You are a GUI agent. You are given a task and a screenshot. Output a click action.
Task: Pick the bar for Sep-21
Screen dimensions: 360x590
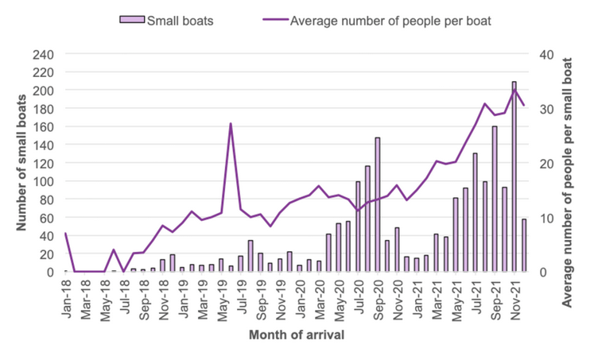494,199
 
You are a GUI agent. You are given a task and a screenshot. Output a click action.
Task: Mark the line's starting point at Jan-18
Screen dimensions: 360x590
65,234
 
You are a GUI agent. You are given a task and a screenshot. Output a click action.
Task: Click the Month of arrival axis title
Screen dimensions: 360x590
297,335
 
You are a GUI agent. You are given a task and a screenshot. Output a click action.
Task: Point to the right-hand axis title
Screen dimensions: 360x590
567,163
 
